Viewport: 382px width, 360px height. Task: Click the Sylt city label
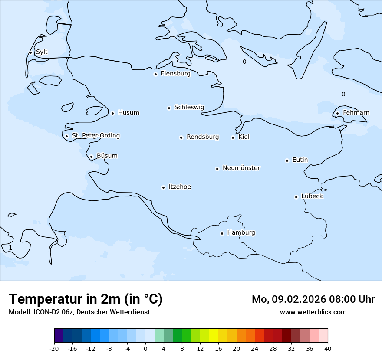(42, 52)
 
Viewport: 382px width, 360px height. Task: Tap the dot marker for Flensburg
(155, 74)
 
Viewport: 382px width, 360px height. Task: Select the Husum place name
(128, 113)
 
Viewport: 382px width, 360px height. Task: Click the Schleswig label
(189, 107)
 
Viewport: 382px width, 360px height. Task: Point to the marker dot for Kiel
(233, 137)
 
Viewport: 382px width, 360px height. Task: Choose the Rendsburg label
(203, 137)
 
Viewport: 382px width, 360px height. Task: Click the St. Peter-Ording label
(95, 136)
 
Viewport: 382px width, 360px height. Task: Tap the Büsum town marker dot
(91, 157)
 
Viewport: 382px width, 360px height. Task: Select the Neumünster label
(241, 168)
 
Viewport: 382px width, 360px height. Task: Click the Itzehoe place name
(180, 187)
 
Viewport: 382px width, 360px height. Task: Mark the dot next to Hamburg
(222, 233)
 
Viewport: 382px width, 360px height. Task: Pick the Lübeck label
(312, 196)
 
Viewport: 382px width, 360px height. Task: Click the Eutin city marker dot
(287, 160)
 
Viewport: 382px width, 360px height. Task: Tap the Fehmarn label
(356, 113)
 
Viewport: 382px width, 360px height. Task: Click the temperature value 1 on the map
(10, 248)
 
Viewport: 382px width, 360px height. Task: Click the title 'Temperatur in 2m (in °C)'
(86, 299)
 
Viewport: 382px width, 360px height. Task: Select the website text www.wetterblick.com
(313, 312)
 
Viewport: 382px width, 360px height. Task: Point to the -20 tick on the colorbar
(54, 348)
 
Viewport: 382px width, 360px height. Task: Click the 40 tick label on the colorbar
(328, 348)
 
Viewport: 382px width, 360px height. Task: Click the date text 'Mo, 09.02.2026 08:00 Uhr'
(313, 299)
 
